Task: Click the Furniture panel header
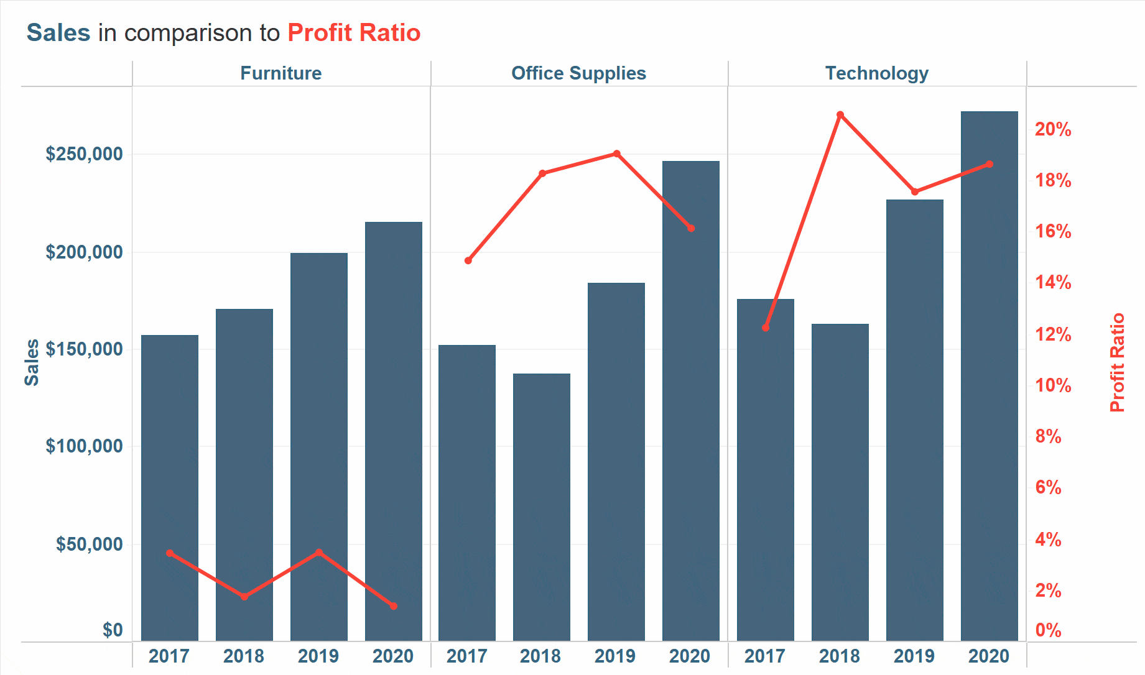(281, 73)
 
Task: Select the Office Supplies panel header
(578, 73)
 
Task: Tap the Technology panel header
(876, 73)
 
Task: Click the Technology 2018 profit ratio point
(840, 115)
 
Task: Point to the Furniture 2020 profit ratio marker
(394, 606)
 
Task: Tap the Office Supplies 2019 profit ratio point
(616, 154)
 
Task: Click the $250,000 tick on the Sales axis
(84, 154)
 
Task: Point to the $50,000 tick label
(89, 544)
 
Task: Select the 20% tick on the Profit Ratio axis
(1053, 129)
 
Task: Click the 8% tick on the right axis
(1048, 436)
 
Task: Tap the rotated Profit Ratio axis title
(1118, 362)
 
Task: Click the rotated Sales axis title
(32, 362)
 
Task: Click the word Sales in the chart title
(58, 33)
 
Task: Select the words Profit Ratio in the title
(354, 33)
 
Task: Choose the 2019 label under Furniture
(318, 656)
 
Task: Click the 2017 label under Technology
(765, 656)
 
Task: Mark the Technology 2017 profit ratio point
(766, 328)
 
